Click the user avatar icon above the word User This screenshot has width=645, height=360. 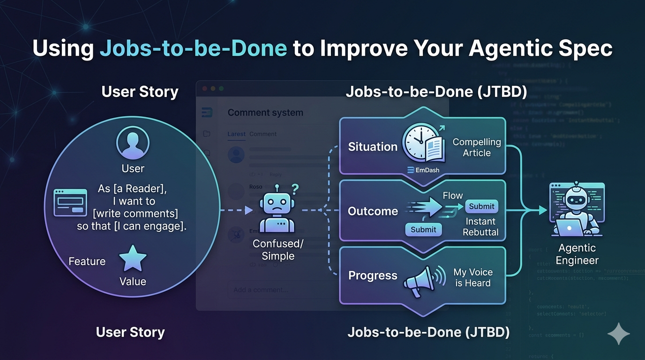(x=133, y=143)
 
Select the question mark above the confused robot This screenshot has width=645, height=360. (x=295, y=189)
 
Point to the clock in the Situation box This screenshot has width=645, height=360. (x=420, y=141)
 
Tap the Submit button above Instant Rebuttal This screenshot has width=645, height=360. (x=481, y=206)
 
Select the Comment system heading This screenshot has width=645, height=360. (x=265, y=112)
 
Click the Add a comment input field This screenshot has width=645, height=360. (x=281, y=290)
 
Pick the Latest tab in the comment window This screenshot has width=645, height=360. (x=236, y=134)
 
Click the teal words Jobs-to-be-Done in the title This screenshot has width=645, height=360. (x=193, y=49)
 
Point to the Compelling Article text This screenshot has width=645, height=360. (x=476, y=147)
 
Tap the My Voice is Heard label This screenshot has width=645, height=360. (x=472, y=277)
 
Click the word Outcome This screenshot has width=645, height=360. (x=373, y=211)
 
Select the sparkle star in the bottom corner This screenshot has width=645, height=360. (x=618, y=333)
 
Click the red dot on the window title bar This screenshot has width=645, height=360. (x=204, y=89)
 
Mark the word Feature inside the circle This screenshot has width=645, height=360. (x=87, y=261)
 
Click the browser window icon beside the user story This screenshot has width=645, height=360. (x=70, y=202)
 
